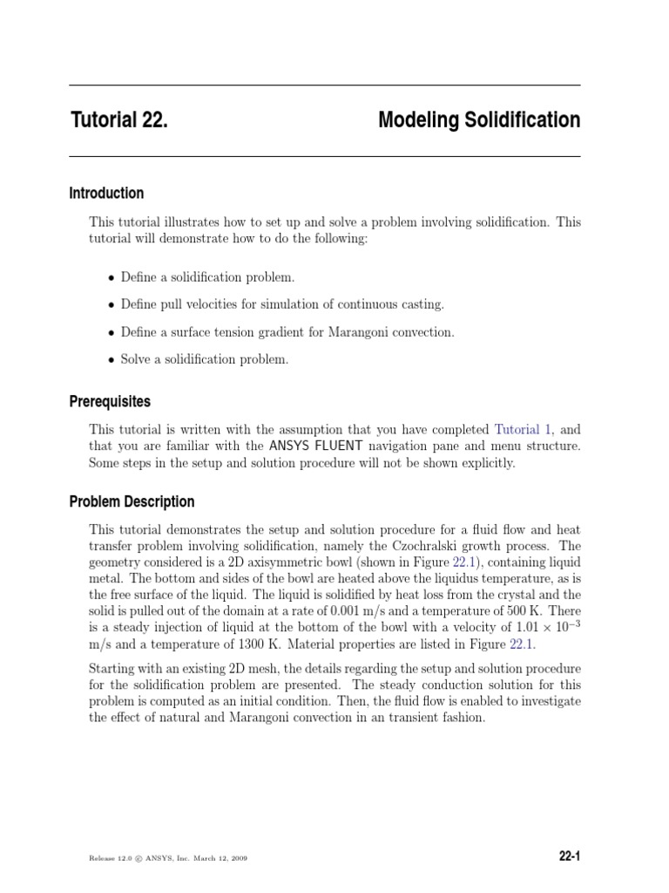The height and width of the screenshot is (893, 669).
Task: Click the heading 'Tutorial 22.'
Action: [x=118, y=120]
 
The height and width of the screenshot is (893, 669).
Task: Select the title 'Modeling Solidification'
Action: [x=479, y=120]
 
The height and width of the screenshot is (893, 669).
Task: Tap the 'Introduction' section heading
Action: [x=106, y=194]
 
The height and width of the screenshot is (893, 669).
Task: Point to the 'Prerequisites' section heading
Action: [x=110, y=402]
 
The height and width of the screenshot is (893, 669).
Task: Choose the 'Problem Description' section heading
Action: [x=132, y=502]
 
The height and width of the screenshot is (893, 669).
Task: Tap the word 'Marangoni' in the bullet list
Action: [x=348, y=332]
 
